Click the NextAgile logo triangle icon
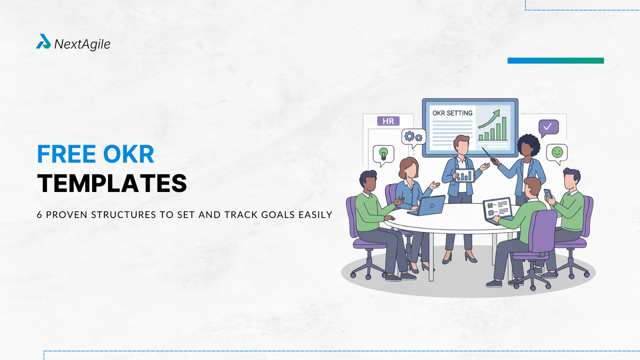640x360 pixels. pyautogui.click(x=43, y=42)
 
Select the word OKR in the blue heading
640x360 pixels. pyautogui.click(x=128, y=154)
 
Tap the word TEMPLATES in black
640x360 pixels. pyautogui.click(x=112, y=184)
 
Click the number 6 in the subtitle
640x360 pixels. pyautogui.click(x=39, y=215)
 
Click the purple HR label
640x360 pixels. pyautogui.click(x=388, y=121)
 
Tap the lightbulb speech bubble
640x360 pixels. pyautogui.click(x=383, y=154)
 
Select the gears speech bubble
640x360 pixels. pyautogui.click(x=413, y=137)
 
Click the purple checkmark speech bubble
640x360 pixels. pyautogui.click(x=548, y=127)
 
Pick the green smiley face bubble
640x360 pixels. pyautogui.click(x=557, y=152)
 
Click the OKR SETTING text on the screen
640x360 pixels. pyautogui.click(x=452, y=113)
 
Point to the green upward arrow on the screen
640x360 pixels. pyautogui.click(x=490, y=119)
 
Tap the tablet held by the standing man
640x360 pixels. pyautogui.click(x=464, y=176)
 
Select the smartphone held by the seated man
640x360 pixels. pyautogui.click(x=548, y=194)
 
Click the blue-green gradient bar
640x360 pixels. pyautogui.click(x=556, y=61)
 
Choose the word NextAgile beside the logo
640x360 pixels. pyautogui.click(x=82, y=44)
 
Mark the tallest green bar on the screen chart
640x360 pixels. pyautogui.click(x=504, y=128)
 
